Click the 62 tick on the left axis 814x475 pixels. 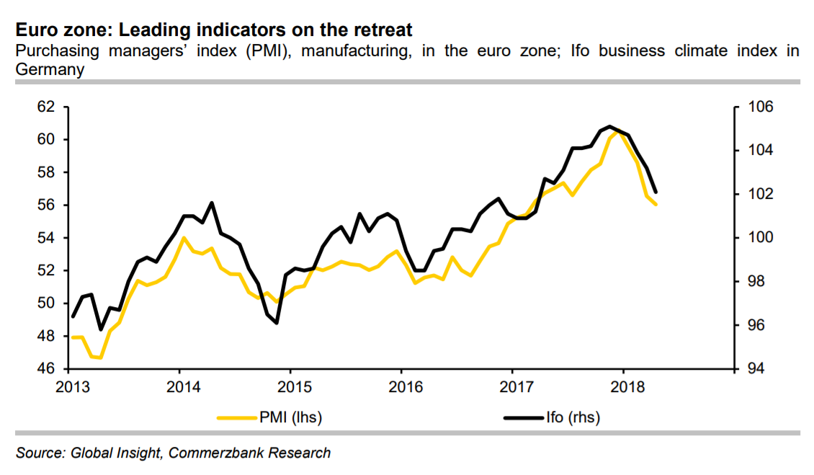[46, 107]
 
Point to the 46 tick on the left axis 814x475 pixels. [46, 369]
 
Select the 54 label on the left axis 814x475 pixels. [46, 238]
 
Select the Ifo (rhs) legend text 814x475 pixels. [573, 417]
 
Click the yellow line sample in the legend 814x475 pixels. [237, 417]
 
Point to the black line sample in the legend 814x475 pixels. [524, 417]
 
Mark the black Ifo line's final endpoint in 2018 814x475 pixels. [656, 192]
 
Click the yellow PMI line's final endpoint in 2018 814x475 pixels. [656, 205]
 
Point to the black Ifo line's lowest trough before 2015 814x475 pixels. [277, 323]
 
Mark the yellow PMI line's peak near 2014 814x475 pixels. [184, 237]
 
